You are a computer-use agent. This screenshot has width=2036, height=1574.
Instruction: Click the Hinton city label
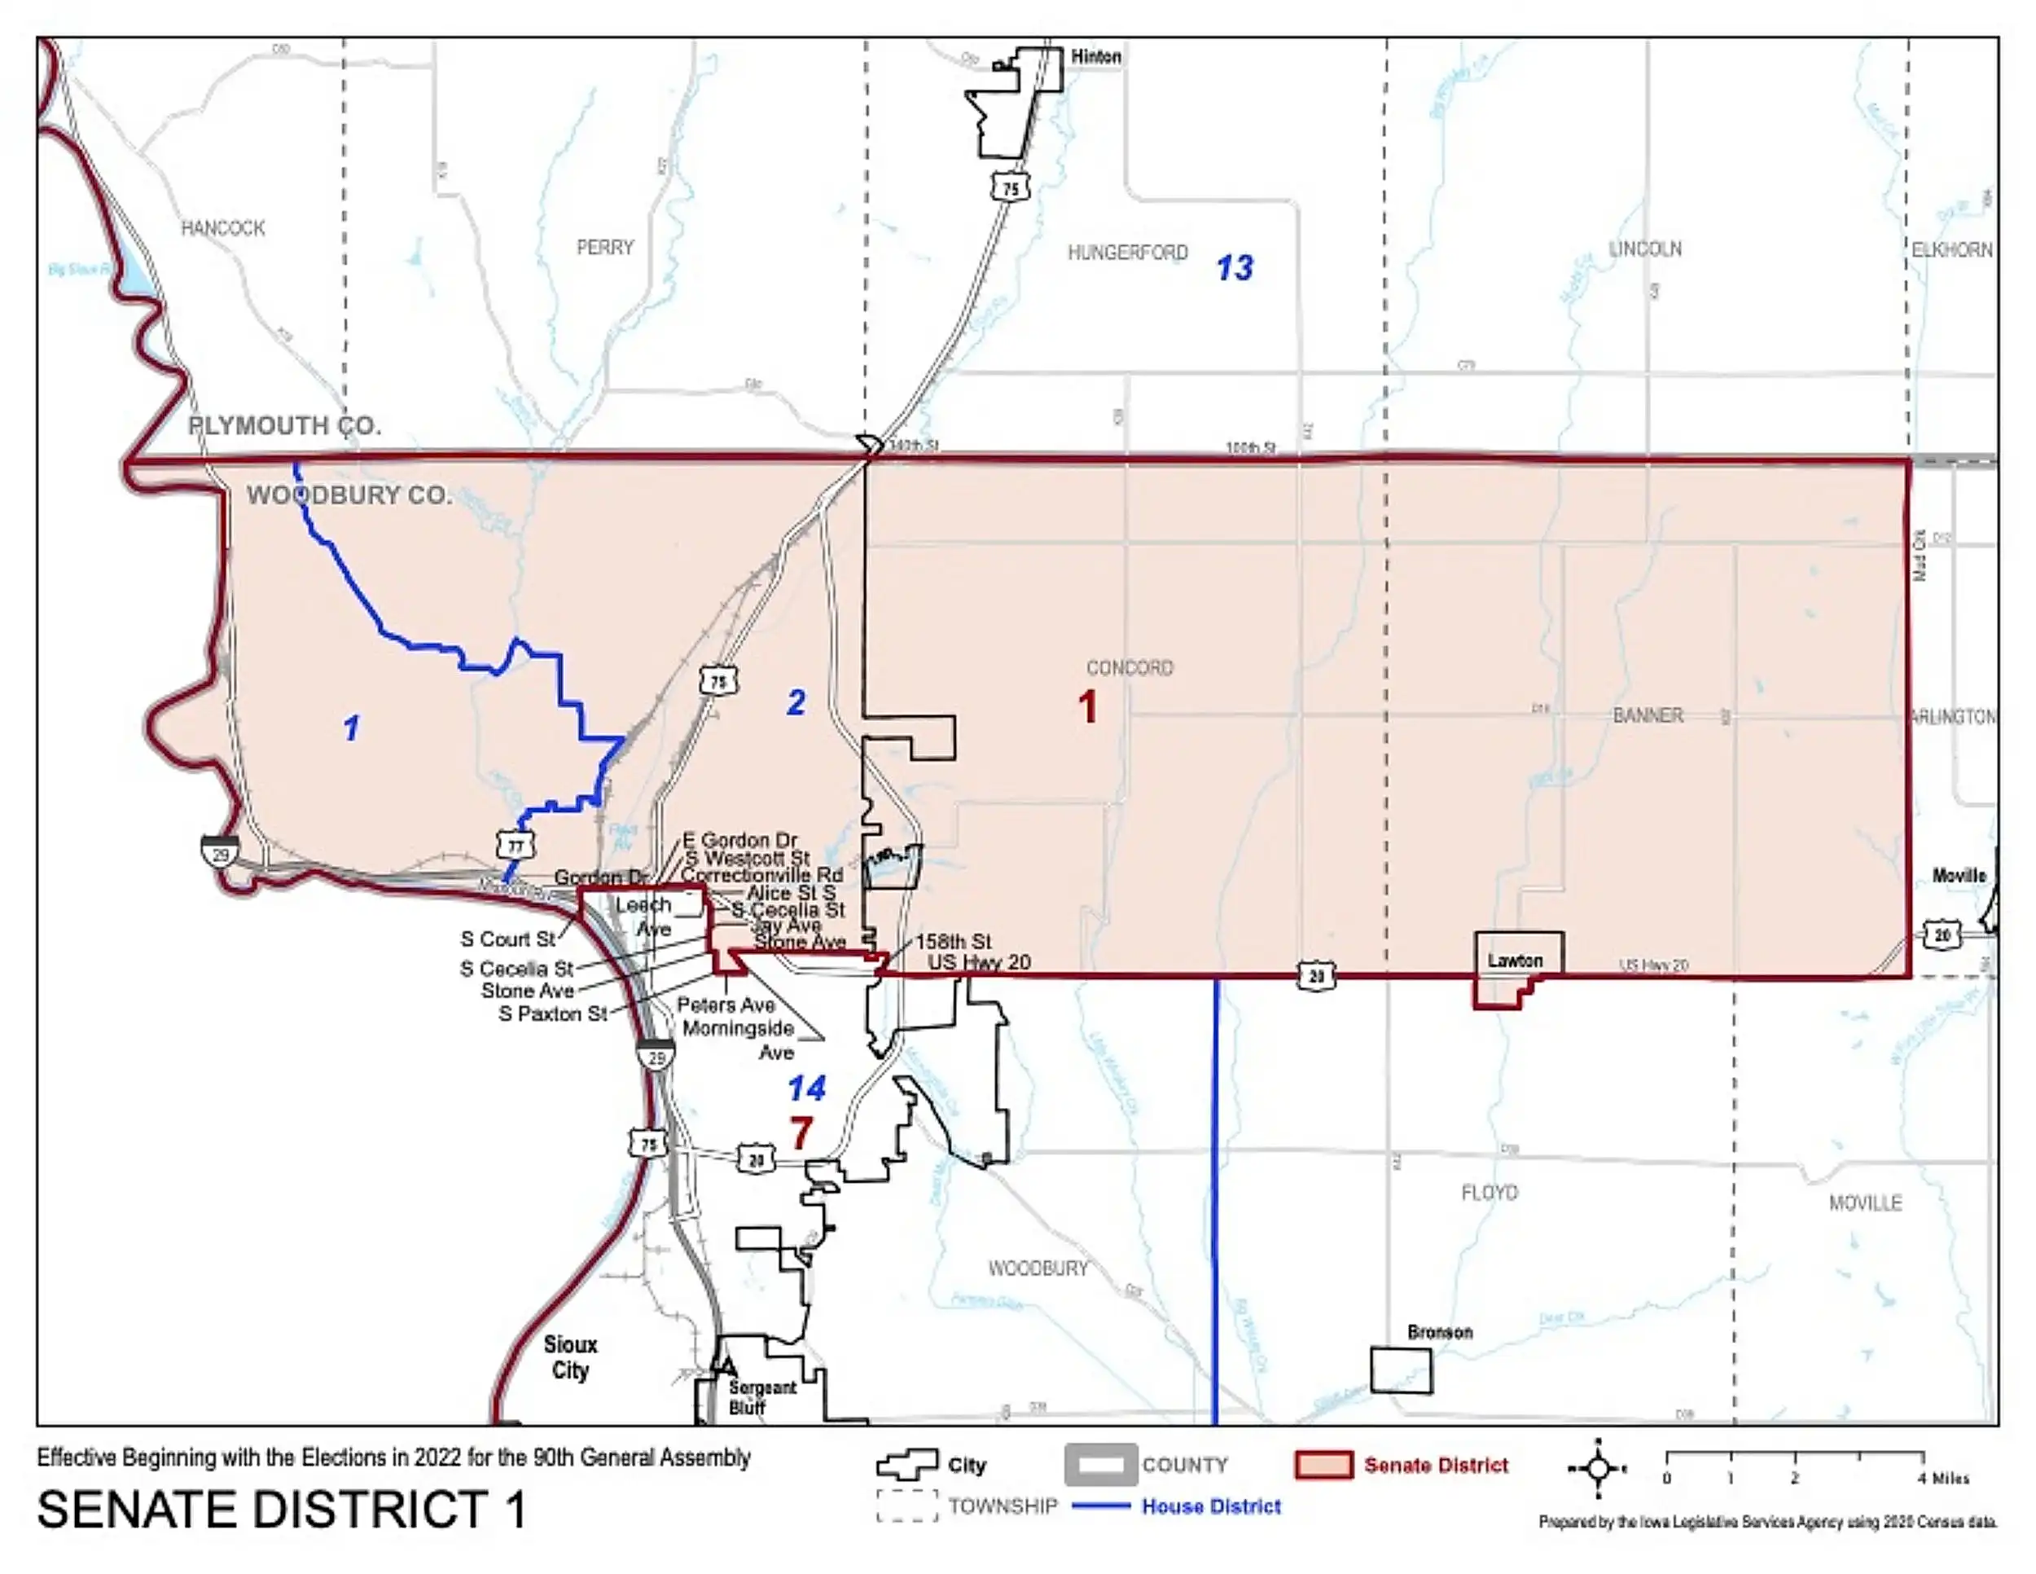(1095, 57)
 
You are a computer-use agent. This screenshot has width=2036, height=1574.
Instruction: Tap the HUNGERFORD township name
(1127, 253)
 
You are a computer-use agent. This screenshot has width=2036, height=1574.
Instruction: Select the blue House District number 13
(1235, 269)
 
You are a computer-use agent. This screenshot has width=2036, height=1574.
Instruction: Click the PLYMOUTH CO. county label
(284, 426)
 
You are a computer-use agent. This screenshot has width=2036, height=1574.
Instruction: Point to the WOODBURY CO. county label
(349, 495)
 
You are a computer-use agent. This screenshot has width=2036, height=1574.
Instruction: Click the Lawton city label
(1514, 961)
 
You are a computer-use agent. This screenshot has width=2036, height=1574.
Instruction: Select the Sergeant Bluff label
(761, 1397)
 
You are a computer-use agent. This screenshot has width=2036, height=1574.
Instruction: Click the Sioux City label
(569, 1357)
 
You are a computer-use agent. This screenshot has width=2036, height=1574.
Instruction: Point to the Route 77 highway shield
(516, 846)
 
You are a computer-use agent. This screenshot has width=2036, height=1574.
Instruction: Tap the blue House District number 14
(806, 1088)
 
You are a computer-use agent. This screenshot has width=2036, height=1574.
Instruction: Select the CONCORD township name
(1129, 667)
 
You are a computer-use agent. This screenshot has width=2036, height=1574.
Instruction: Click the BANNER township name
(1648, 716)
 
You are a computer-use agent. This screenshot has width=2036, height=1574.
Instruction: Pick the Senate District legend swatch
(1323, 1465)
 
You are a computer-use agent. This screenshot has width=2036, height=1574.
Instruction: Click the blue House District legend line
(1100, 1506)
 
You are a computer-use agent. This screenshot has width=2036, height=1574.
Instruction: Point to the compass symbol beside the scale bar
(1597, 1469)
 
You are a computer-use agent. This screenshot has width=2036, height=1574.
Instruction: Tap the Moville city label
(1959, 876)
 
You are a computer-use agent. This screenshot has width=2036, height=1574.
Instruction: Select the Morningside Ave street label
(739, 1040)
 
